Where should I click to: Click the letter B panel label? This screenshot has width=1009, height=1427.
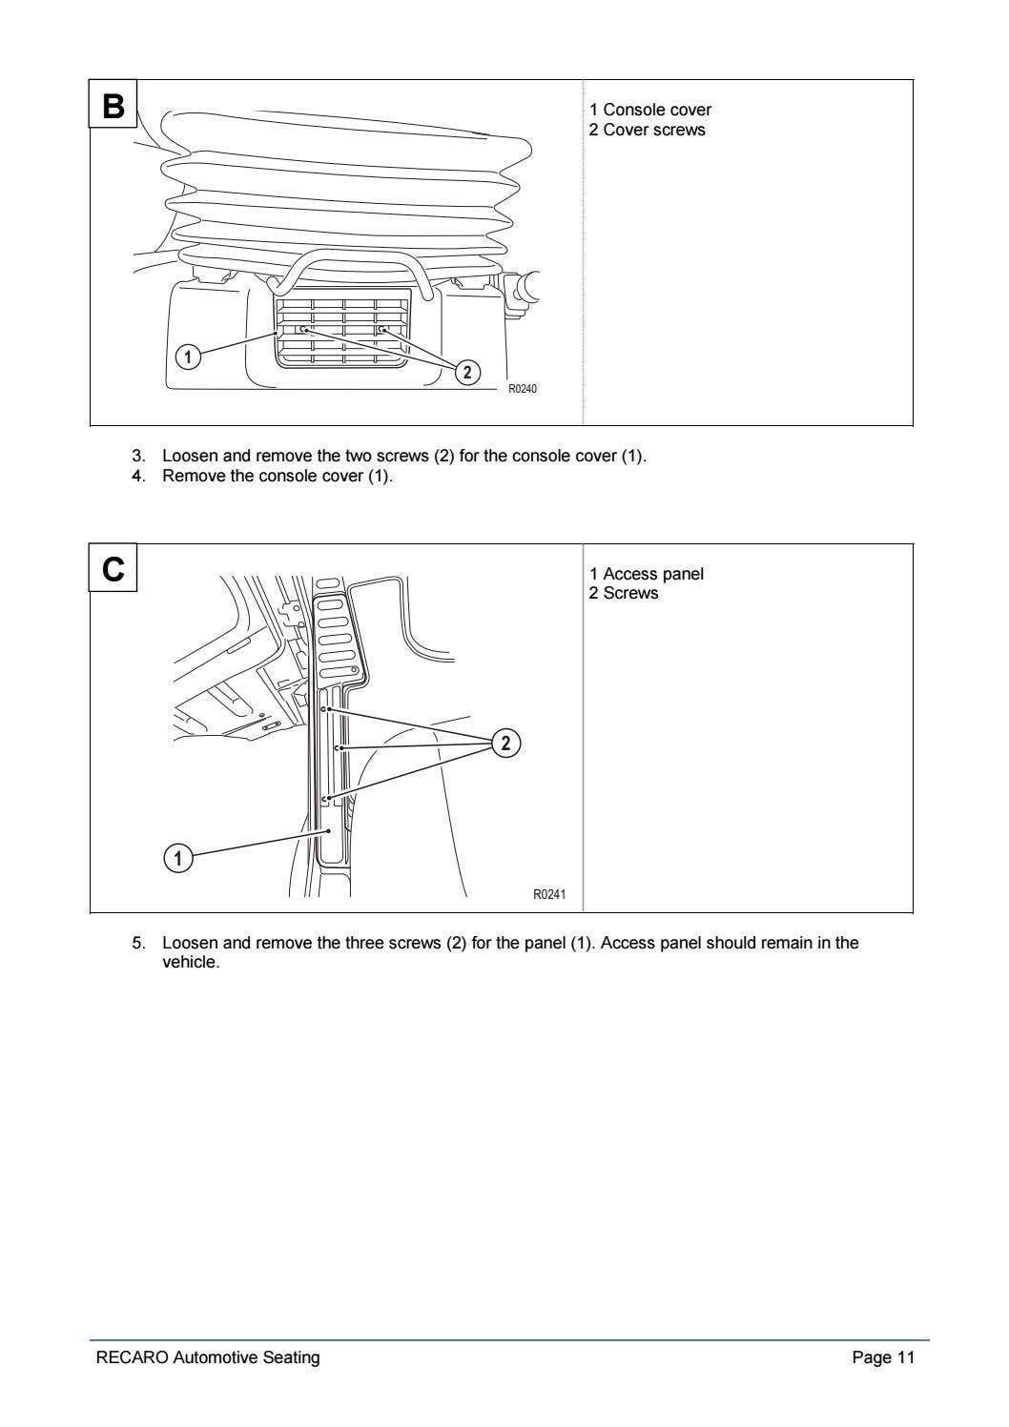113,106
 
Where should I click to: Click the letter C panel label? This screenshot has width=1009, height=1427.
113,569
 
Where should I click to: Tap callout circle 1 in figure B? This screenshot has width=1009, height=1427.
189,357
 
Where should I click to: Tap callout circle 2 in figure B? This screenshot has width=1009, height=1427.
466,372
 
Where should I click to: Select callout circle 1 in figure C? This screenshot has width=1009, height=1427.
177,858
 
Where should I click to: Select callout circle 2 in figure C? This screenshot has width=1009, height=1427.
506,743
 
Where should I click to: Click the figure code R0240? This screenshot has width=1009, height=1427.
522,389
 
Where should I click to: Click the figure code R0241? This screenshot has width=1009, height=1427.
548,894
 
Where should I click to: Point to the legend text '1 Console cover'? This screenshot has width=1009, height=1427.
649,110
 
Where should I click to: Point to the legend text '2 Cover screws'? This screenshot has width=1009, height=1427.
647,130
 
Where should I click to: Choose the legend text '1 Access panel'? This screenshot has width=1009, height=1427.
646,574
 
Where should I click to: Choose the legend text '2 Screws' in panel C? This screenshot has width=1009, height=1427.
623,593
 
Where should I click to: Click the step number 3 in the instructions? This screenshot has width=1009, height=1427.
137,456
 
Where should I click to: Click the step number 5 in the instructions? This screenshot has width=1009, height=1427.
137,943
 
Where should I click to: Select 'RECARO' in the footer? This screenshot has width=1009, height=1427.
132,1357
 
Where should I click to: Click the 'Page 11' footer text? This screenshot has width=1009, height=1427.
883,1357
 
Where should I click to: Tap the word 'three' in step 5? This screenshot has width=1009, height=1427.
365,943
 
